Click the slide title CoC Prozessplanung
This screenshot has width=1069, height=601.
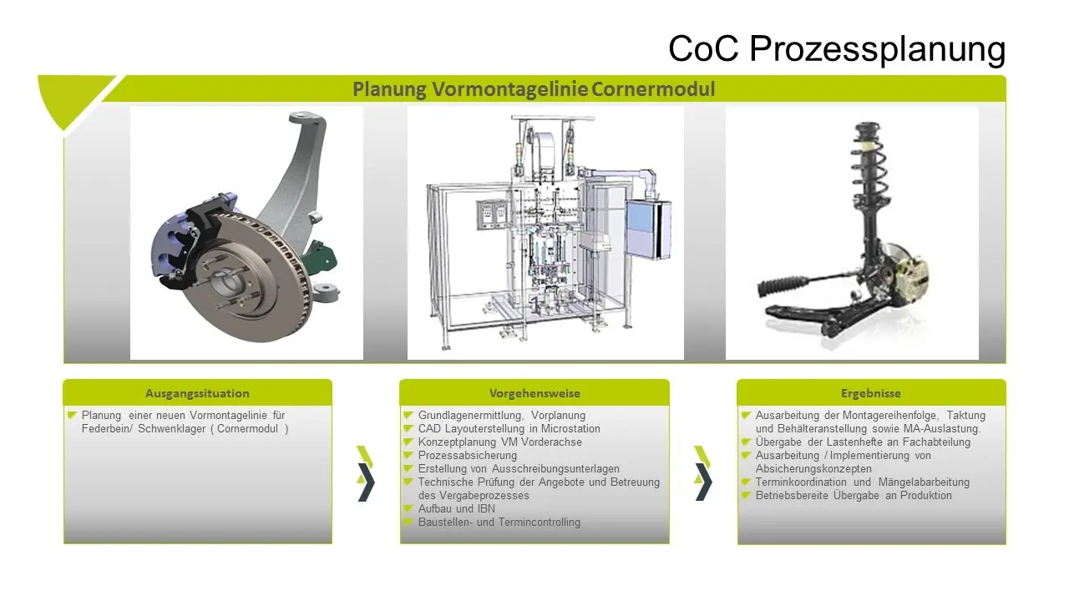(x=837, y=48)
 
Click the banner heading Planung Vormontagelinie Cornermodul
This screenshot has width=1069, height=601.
(x=534, y=89)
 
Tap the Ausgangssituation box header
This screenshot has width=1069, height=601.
(x=197, y=393)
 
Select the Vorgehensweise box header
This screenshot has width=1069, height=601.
(x=534, y=393)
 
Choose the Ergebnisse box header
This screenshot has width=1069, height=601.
(x=871, y=393)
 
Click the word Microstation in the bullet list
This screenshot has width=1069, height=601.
(x=570, y=428)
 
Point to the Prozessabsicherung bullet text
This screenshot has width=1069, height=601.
(x=467, y=455)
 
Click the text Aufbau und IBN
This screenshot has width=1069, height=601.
(x=456, y=508)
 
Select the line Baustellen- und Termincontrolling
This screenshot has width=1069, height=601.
(x=499, y=522)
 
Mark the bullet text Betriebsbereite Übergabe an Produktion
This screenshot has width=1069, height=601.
(x=854, y=495)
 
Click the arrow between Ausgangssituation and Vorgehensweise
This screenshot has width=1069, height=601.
(x=366, y=473)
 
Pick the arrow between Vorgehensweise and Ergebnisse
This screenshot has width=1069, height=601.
(x=703, y=473)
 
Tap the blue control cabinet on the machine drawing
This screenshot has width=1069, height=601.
(x=648, y=230)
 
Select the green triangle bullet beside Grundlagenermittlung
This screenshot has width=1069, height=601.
(x=408, y=415)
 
